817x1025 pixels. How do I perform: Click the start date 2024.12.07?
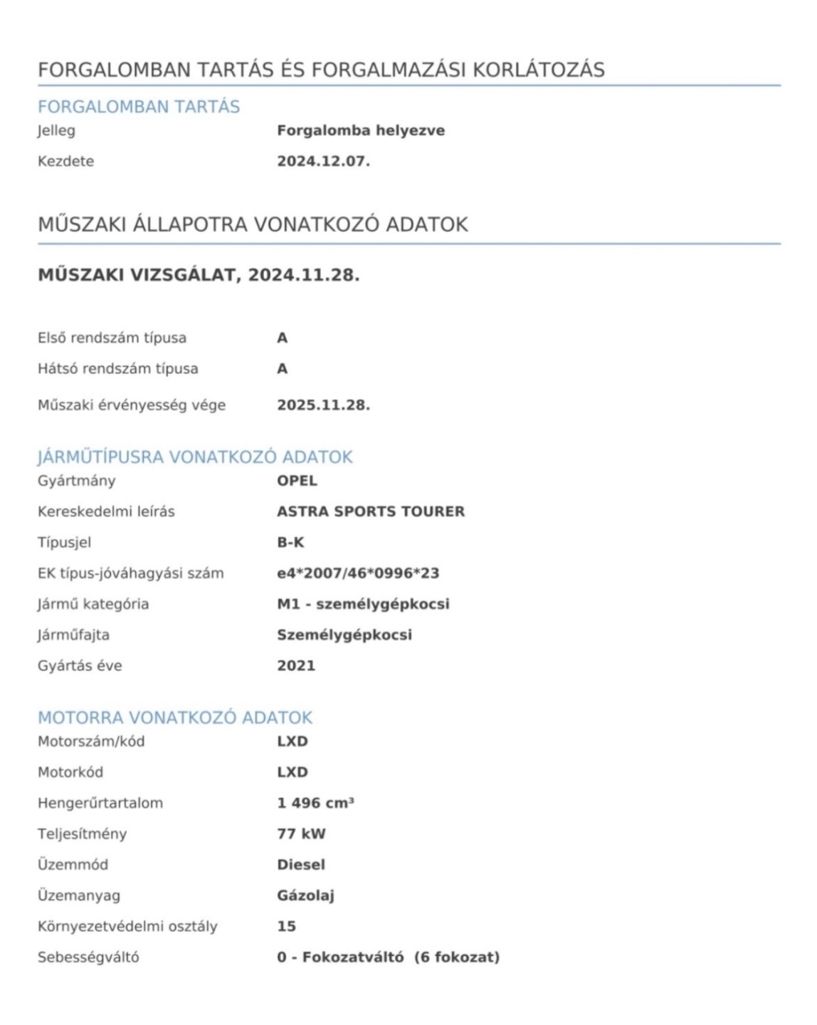323,161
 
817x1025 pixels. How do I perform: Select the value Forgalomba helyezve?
361,130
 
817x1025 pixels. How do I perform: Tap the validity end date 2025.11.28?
323,405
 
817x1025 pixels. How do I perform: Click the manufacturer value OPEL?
297,480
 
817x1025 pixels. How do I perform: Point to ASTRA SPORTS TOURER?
371,511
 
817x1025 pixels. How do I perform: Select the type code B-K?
290,542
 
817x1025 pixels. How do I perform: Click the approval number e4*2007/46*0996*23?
358,573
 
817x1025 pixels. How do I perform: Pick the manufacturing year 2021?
296,665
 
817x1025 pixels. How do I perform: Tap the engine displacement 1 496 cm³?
315,803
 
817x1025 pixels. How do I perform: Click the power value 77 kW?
301,833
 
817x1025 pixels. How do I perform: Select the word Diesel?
301,865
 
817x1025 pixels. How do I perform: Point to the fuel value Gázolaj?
305,895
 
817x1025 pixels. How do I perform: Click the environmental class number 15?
286,926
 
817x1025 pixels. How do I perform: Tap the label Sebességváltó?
88,957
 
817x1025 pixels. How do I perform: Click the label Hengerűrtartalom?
100,803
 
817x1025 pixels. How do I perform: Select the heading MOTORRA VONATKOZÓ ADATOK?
175,717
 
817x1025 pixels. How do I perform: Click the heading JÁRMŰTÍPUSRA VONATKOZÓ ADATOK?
195,457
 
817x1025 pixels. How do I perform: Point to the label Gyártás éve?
80,665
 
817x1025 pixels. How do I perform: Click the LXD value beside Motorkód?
292,772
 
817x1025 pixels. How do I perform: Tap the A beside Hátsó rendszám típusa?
283,369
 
